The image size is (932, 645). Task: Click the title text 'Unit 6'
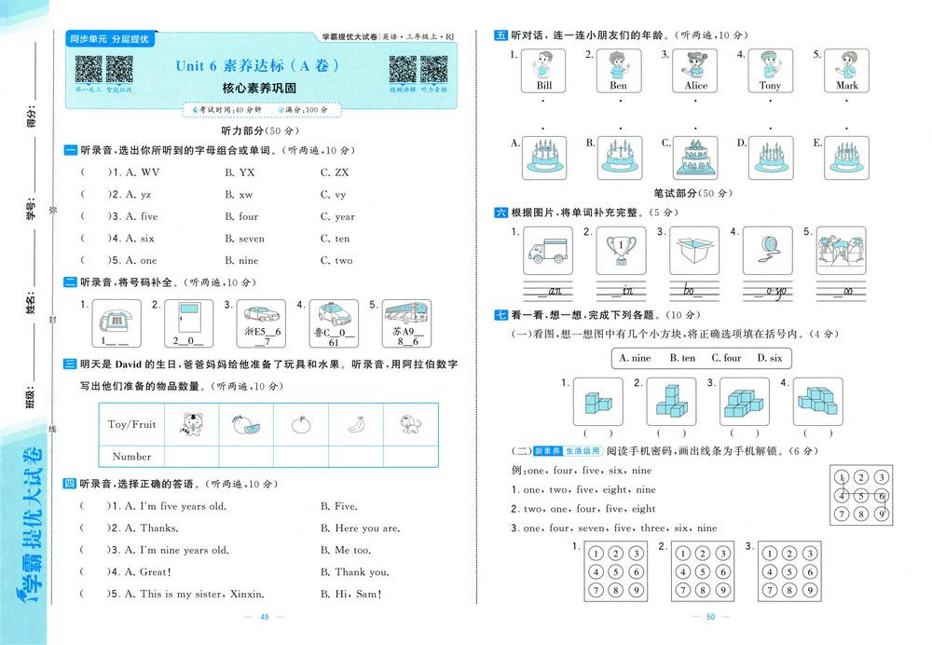click(x=197, y=66)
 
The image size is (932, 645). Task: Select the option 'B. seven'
click(x=244, y=239)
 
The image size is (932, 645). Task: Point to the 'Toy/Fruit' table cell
click(x=131, y=424)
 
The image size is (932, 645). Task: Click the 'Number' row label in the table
click(x=131, y=457)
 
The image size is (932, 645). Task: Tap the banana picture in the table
click(x=353, y=424)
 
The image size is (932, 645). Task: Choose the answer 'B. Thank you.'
click(x=354, y=572)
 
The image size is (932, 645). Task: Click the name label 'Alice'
click(x=695, y=86)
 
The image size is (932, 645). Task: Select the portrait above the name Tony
click(x=770, y=65)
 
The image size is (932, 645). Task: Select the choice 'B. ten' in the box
click(x=681, y=358)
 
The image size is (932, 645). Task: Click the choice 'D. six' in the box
click(x=769, y=358)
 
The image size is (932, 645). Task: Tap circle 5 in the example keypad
click(x=862, y=496)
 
